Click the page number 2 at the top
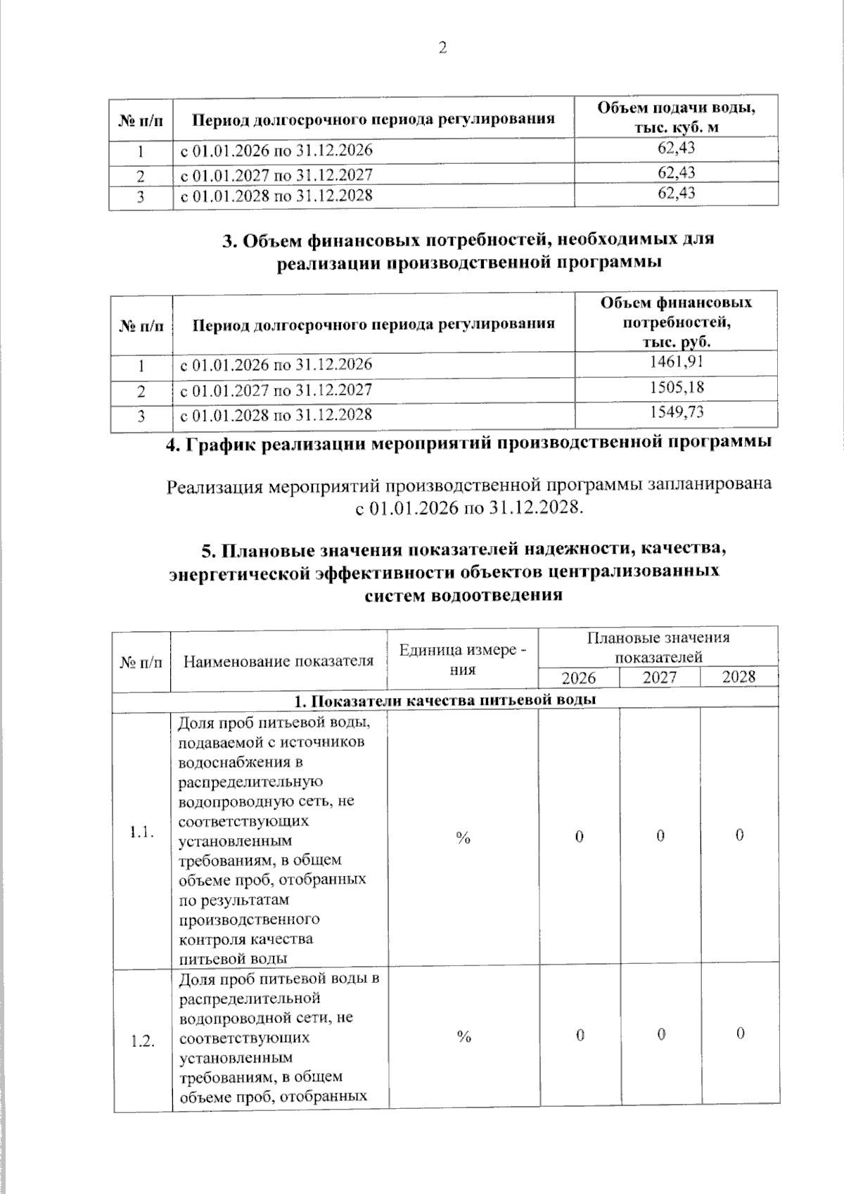pyautogui.click(x=442, y=49)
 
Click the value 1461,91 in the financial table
pyautogui.click(x=676, y=362)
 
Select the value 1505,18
pyautogui.click(x=676, y=388)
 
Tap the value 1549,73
pyautogui.click(x=676, y=412)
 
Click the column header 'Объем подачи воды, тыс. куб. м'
pyautogui.click(x=676, y=117)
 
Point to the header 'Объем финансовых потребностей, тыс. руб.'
pyautogui.click(x=676, y=322)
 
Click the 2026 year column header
pyautogui.click(x=578, y=678)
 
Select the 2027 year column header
pyautogui.click(x=660, y=678)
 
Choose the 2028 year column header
pyautogui.click(x=738, y=677)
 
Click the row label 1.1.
pyautogui.click(x=141, y=834)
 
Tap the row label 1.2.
pyautogui.click(x=142, y=1042)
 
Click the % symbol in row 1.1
pyautogui.click(x=462, y=837)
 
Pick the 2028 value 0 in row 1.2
pyautogui.click(x=740, y=1034)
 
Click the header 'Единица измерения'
pyautogui.click(x=462, y=659)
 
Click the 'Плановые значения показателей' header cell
pyautogui.click(x=658, y=647)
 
